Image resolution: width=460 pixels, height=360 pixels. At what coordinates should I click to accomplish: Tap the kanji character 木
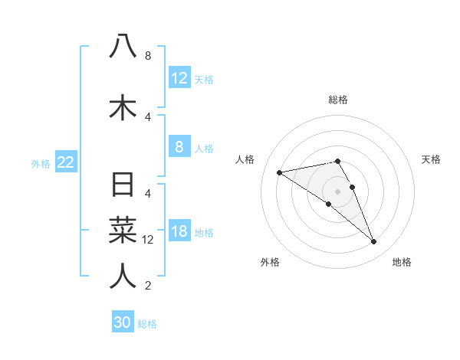click(x=123, y=107)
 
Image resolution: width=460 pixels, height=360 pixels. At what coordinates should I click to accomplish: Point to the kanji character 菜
click(x=123, y=230)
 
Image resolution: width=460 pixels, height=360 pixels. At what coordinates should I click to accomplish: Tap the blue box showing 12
click(x=179, y=78)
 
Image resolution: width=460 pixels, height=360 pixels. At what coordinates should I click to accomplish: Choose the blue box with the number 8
click(x=179, y=147)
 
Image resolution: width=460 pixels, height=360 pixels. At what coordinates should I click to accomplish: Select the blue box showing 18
click(x=179, y=232)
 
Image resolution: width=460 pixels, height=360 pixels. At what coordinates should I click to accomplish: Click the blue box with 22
click(x=66, y=162)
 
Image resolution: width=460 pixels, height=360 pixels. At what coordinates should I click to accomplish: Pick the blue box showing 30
click(x=123, y=322)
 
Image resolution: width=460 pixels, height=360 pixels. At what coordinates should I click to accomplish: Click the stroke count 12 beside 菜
click(x=148, y=240)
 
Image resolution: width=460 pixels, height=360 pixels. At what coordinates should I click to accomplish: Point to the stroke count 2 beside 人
click(x=148, y=286)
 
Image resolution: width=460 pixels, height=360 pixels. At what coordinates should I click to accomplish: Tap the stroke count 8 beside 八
click(x=148, y=56)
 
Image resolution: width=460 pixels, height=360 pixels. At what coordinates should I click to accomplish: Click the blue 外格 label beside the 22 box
click(x=41, y=163)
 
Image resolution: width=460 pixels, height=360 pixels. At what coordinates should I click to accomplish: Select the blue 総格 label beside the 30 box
click(x=148, y=324)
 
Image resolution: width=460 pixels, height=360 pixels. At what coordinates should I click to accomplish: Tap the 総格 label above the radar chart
click(x=338, y=100)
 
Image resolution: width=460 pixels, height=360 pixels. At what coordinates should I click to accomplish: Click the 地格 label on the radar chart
click(x=402, y=262)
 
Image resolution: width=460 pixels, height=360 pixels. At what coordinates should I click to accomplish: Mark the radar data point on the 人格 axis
click(x=280, y=172)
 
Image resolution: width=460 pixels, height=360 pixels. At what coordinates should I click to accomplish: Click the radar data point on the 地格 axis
click(x=374, y=242)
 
